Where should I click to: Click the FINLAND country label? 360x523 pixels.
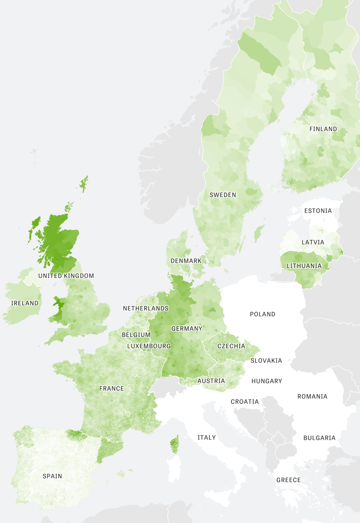[323, 129]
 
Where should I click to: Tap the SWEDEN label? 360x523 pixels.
[223, 195]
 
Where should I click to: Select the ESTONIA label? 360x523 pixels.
[318, 210]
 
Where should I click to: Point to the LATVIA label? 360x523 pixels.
[313, 242]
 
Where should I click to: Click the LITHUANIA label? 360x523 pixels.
[304, 266]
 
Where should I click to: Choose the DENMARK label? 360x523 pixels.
[186, 261]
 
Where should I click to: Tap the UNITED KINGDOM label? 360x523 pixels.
[66, 276]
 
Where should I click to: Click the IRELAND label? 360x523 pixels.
[25, 303]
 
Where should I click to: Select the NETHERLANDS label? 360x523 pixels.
[145, 308]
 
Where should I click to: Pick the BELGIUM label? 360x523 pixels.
[136, 335]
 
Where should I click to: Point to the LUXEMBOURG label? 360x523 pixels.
[149, 346]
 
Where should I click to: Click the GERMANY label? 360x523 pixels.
[187, 328]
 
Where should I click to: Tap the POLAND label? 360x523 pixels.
[262, 314]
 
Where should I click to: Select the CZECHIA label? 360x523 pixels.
[231, 346]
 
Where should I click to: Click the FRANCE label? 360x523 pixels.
[112, 388]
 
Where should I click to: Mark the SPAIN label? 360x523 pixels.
[52, 476]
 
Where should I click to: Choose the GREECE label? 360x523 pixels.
[288, 480]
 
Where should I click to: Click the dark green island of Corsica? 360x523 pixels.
[174, 445]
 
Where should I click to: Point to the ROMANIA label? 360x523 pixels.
[312, 396]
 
